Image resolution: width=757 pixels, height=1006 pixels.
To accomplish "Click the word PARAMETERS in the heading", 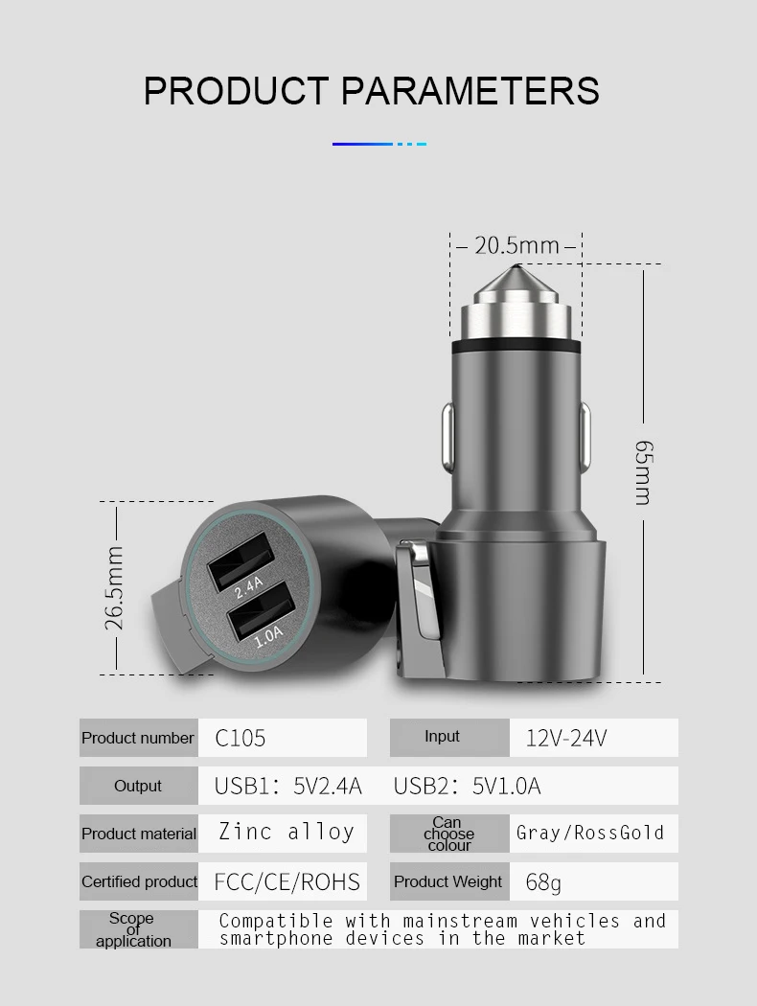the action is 470,90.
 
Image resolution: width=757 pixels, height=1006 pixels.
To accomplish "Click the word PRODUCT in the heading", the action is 236,90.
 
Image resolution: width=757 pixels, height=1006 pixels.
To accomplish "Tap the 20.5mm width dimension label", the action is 516,245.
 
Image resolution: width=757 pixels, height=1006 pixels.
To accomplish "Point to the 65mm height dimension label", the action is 644,472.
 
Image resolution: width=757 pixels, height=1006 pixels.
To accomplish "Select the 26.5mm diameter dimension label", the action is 114,587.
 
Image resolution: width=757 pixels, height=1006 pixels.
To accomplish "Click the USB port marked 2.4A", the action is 238,560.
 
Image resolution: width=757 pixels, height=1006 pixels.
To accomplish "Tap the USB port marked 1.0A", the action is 259,609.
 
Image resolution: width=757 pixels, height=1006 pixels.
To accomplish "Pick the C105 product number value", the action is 240,738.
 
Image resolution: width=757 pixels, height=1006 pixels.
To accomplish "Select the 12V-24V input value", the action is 565,738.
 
